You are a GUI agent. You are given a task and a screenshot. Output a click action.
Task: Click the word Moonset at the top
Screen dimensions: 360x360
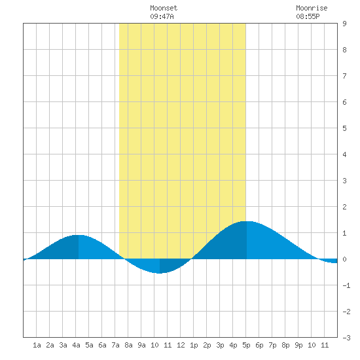pyautogui.click(x=164, y=8)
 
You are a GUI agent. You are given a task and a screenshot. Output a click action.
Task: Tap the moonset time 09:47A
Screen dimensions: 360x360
pyautogui.click(x=162, y=16)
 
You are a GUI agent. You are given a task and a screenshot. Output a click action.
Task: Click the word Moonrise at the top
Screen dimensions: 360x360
pyautogui.click(x=312, y=8)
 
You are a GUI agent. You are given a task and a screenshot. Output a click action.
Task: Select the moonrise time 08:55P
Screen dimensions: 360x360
pyautogui.click(x=308, y=16)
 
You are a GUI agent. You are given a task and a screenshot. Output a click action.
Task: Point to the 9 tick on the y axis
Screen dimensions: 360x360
pyautogui.click(x=344, y=24)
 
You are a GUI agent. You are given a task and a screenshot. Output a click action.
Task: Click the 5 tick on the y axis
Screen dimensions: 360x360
pyautogui.click(x=344, y=128)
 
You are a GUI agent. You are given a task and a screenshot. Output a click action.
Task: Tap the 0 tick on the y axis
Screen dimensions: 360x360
pyautogui.click(x=344, y=259)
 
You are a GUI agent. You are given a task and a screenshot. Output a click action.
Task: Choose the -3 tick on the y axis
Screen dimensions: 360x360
pyautogui.click(x=346, y=338)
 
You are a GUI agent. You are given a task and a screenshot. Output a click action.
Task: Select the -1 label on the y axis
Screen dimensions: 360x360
pyautogui.click(x=346, y=285)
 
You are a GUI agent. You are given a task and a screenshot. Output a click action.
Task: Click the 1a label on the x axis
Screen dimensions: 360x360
pyautogui.click(x=37, y=345)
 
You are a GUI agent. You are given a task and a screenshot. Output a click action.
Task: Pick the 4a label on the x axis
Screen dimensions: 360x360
pyautogui.click(x=76, y=345)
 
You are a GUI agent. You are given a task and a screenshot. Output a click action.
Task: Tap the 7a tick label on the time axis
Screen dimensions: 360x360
pyautogui.click(x=115, y=345)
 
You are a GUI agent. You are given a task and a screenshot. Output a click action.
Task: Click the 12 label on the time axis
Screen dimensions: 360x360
pyautogui.click(x=181, y=345)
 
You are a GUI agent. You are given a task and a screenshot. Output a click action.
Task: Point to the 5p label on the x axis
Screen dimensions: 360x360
pyautogui.click(x=246, y=345)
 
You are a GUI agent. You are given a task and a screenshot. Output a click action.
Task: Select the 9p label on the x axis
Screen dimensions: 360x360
pyautogui.click(x=298, y=345)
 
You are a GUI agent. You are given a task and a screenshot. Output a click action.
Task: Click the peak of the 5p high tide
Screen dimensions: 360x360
pyautogui.click(x=247, y=221)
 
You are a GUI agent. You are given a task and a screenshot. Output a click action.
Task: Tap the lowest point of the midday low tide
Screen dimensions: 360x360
pyautogui.click(x=160, y=273)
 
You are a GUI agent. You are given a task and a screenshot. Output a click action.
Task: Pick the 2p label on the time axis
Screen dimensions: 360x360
pyautogui.click(x=207, y=345)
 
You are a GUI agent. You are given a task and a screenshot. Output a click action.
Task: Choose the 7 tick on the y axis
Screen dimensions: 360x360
pyautogui.click(x=344, y=76)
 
